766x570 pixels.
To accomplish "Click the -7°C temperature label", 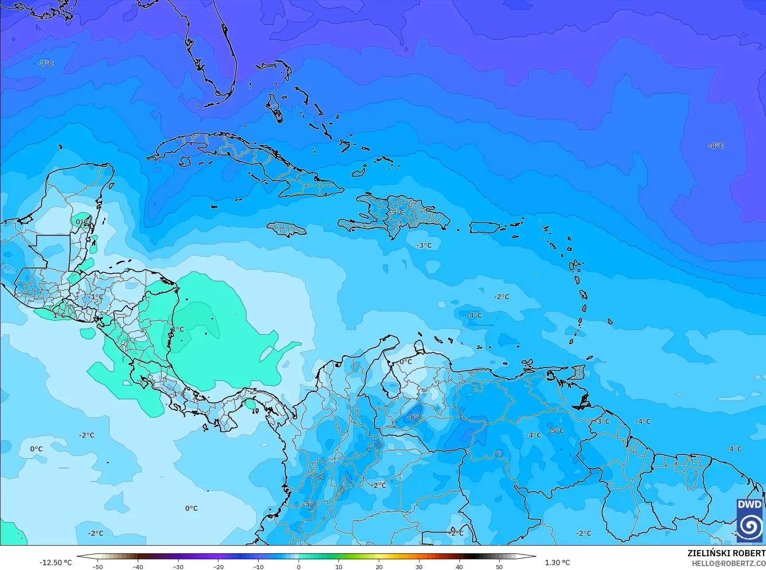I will [46, 64].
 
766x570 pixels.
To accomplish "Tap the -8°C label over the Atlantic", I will [716, 146].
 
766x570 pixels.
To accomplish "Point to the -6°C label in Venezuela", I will [415, 417].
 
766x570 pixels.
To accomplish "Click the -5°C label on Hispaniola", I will [397, 213].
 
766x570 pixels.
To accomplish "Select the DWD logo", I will [750, 520].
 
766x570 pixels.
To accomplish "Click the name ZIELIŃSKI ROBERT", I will [726, 553].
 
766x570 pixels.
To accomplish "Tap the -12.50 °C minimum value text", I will [55, 562].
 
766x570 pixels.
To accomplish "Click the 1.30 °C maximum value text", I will [557, 562].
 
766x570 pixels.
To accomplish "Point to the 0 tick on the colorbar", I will [299, 567].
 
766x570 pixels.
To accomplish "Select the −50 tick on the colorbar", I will [97, 567].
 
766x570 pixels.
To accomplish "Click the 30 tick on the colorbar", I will [419, 567].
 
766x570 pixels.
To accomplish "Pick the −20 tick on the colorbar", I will [218, 567].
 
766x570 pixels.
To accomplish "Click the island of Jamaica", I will [287, 229].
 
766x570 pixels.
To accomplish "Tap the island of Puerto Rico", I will [485, 228].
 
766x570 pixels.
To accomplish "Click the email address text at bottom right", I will [729, 563].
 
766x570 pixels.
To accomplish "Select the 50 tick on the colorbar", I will [499, 567].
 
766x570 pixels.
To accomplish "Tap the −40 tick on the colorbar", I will [138, 567].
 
